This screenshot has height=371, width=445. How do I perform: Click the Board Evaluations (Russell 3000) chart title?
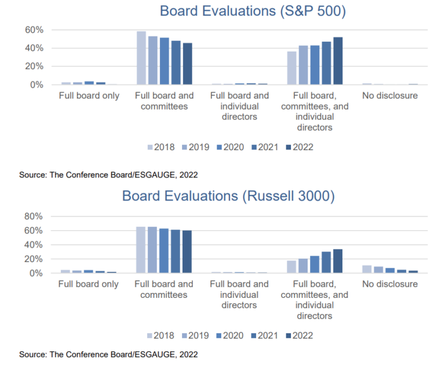(x=228, y=197)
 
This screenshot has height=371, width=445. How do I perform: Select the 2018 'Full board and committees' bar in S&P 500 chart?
(x=141, y=58)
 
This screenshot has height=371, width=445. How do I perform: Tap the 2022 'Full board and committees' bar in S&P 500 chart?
(x=187, y=64)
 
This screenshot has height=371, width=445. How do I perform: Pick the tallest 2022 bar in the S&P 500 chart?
(x=338, y=61)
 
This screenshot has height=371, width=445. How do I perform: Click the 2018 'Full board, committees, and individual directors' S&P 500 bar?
(x=291, y=68)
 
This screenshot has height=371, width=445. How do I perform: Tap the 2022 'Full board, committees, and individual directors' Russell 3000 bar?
(x=338, y=261)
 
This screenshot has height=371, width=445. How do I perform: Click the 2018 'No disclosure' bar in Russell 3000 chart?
(x=367, y=269)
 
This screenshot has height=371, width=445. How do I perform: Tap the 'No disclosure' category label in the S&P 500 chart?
(x=390, y=96)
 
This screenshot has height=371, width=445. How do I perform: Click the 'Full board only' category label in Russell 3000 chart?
(x=89, y=284)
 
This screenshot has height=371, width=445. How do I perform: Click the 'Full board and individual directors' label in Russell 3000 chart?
(x=239, y=294)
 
